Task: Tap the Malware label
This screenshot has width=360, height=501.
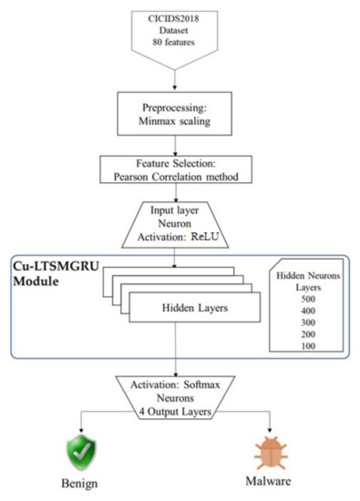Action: (x=273, y=479)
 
